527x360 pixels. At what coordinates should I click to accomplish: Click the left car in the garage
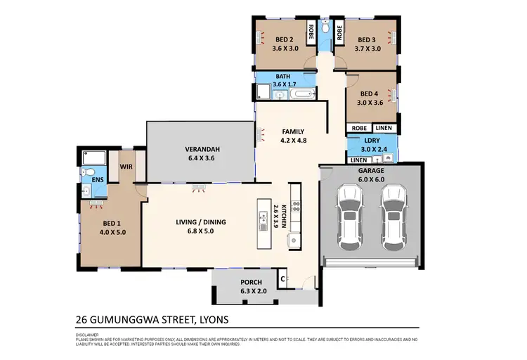tap(349, 217)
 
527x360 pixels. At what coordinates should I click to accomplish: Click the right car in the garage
tap(393, 217)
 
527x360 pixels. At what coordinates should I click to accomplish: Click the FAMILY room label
tap(292, 131)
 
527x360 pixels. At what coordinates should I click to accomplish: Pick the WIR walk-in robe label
tap(126, 167)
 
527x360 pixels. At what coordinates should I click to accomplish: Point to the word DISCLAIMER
tap(87, 335)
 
